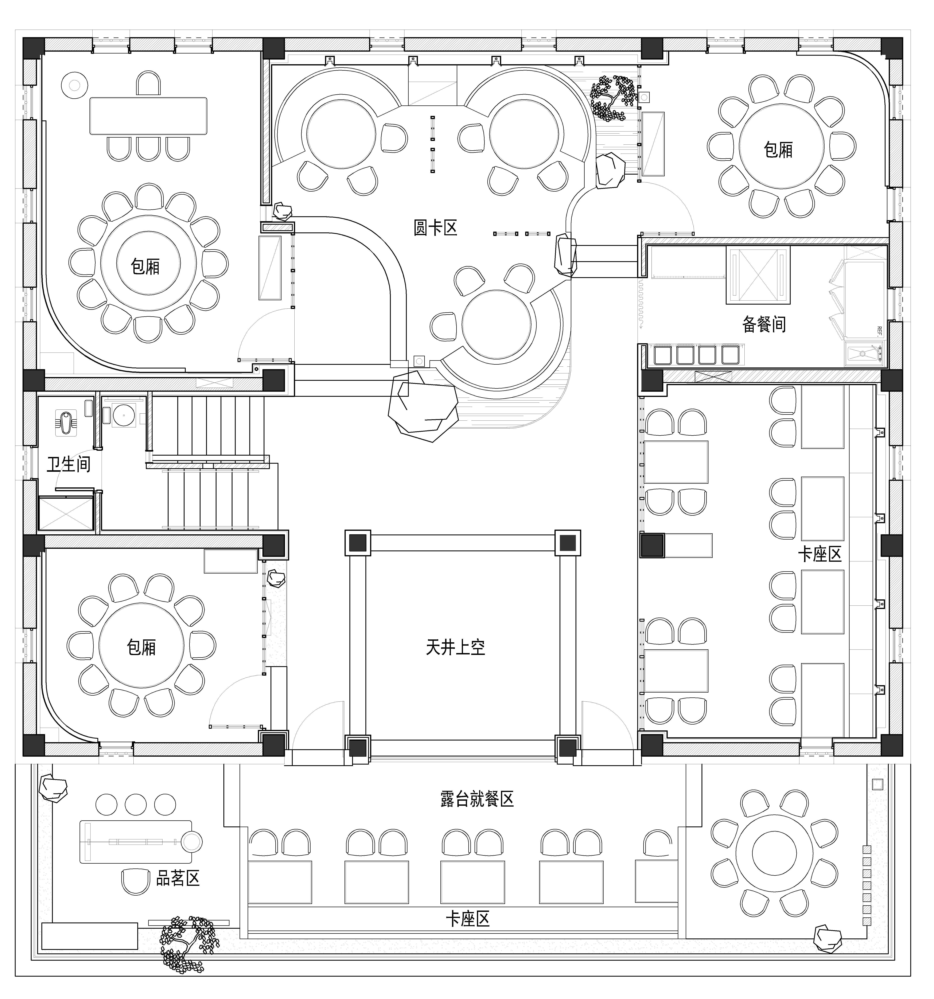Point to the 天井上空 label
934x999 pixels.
click(x=455, y=647)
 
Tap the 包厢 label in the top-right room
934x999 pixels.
click(x=778, y=150)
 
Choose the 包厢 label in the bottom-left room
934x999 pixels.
click(x=141, y=647)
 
